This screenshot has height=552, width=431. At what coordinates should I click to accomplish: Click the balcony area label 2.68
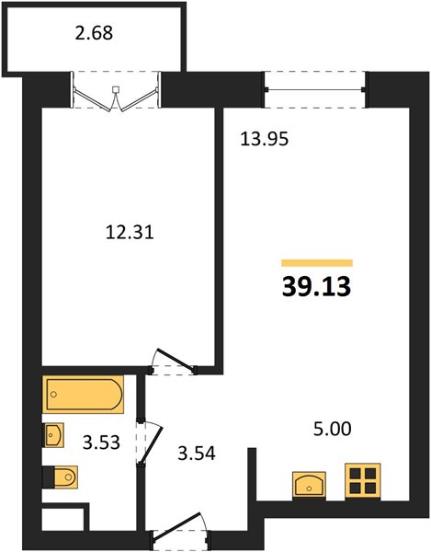pyautogui.click(x=95, y=33)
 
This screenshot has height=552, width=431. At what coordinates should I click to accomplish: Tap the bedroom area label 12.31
pyautogui.click(x=130, y=233)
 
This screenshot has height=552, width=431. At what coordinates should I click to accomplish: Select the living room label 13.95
pyautogui.click(x=265, y=139)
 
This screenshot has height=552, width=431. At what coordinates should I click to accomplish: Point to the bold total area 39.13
pyautogui.click(x=316, y=286)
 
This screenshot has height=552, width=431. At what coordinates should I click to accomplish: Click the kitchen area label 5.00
pyautogui.click(x=333, y=429)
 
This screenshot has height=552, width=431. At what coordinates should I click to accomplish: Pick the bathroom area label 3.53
pyautogui.click(x=101, y=443)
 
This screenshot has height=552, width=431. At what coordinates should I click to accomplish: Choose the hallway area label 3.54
pyautogui.click(x=197, y=454)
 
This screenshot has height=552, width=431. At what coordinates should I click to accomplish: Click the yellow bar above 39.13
pyautogui.click(x=317, y=263)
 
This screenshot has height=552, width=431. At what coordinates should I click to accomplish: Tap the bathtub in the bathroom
pyautogui.click(x=83, y=395)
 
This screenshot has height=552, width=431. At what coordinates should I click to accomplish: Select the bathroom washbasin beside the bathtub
pyautogui.click(x=52, y=435)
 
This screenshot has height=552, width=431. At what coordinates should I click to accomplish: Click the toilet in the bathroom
pyautogui.click(x=60, y=477)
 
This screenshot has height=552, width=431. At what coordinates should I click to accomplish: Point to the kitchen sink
pyautogui.click(x=309, y=485)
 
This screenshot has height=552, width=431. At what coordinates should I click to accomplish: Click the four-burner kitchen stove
pyautogui.click(x=363, y=481)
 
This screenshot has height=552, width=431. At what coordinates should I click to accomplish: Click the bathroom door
pyautogui.click(x=149, y=443)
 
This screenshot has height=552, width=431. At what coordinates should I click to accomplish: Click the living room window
pyautogui.click(x=315, y=90)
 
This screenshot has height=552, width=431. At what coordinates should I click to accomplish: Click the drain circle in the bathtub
pyautogui.click(x=53, y=395)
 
